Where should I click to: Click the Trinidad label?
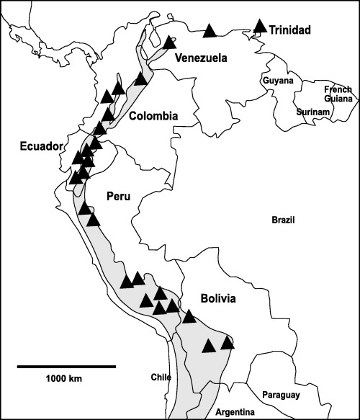[x=292, y=30]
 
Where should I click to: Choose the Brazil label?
[x=284, y=220]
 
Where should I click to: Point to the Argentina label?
[x=235, y=412]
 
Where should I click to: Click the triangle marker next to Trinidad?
[x=260, y=26]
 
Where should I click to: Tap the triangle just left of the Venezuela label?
[x=169, y=43]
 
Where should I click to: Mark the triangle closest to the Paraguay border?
[x=228, y=342]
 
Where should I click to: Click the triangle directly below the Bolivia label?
[x=189, y=316]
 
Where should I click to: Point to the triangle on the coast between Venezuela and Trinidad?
[x=210, y=30]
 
